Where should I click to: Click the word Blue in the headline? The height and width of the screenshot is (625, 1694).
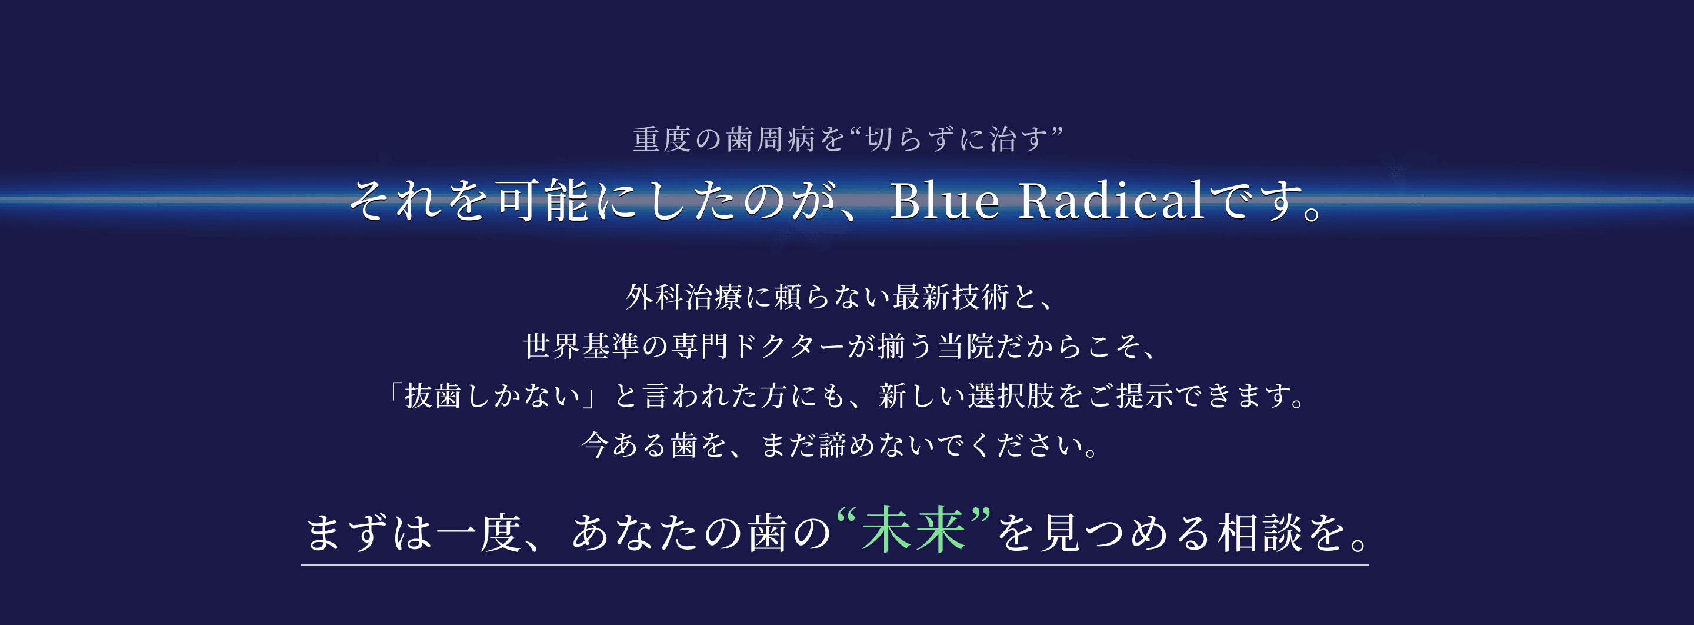(x=943, y=200)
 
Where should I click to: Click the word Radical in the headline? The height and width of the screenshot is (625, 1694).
(x=1111, y=200)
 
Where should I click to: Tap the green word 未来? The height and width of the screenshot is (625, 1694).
(x=913, y=530)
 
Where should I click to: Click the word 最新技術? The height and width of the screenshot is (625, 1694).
(x=951, y=297)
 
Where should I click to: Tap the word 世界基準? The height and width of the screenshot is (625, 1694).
(x=581, y=346)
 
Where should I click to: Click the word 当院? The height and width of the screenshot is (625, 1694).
(x=966, y=346)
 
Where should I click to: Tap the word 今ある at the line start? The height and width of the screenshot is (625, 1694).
(x=624, y=445)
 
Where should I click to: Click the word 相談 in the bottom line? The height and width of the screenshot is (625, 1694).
(x=1259, y=531)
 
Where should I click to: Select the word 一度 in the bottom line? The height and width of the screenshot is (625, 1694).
(x=479, y=531)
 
